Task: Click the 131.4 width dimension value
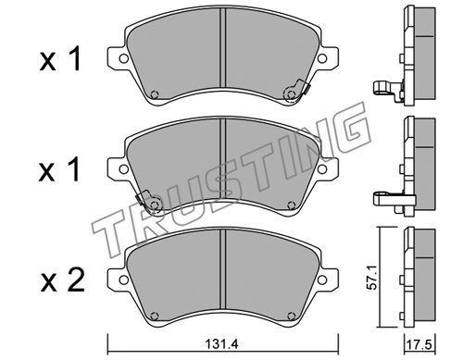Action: [222, 344]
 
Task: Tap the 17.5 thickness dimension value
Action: [419, 345]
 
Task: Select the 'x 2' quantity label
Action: [62, 280]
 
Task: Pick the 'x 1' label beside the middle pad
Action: [60, 168]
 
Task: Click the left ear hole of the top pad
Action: [123, 58]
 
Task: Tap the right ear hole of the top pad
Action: [322, 58]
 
